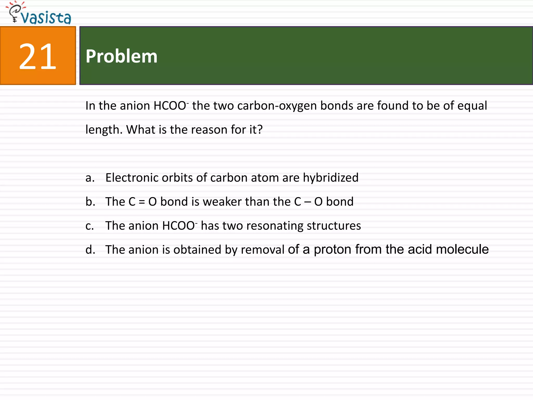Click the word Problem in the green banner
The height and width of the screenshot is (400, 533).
(122, 56)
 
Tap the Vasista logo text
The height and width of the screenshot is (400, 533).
(46, 18)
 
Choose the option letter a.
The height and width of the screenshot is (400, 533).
(90, 178)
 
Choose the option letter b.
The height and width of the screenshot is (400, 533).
(90, 202)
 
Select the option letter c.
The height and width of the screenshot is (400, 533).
(90, 226)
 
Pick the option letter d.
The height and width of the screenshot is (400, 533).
(90, 250)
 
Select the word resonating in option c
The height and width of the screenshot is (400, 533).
(275, 226)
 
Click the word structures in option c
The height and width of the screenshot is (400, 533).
(334, 226)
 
